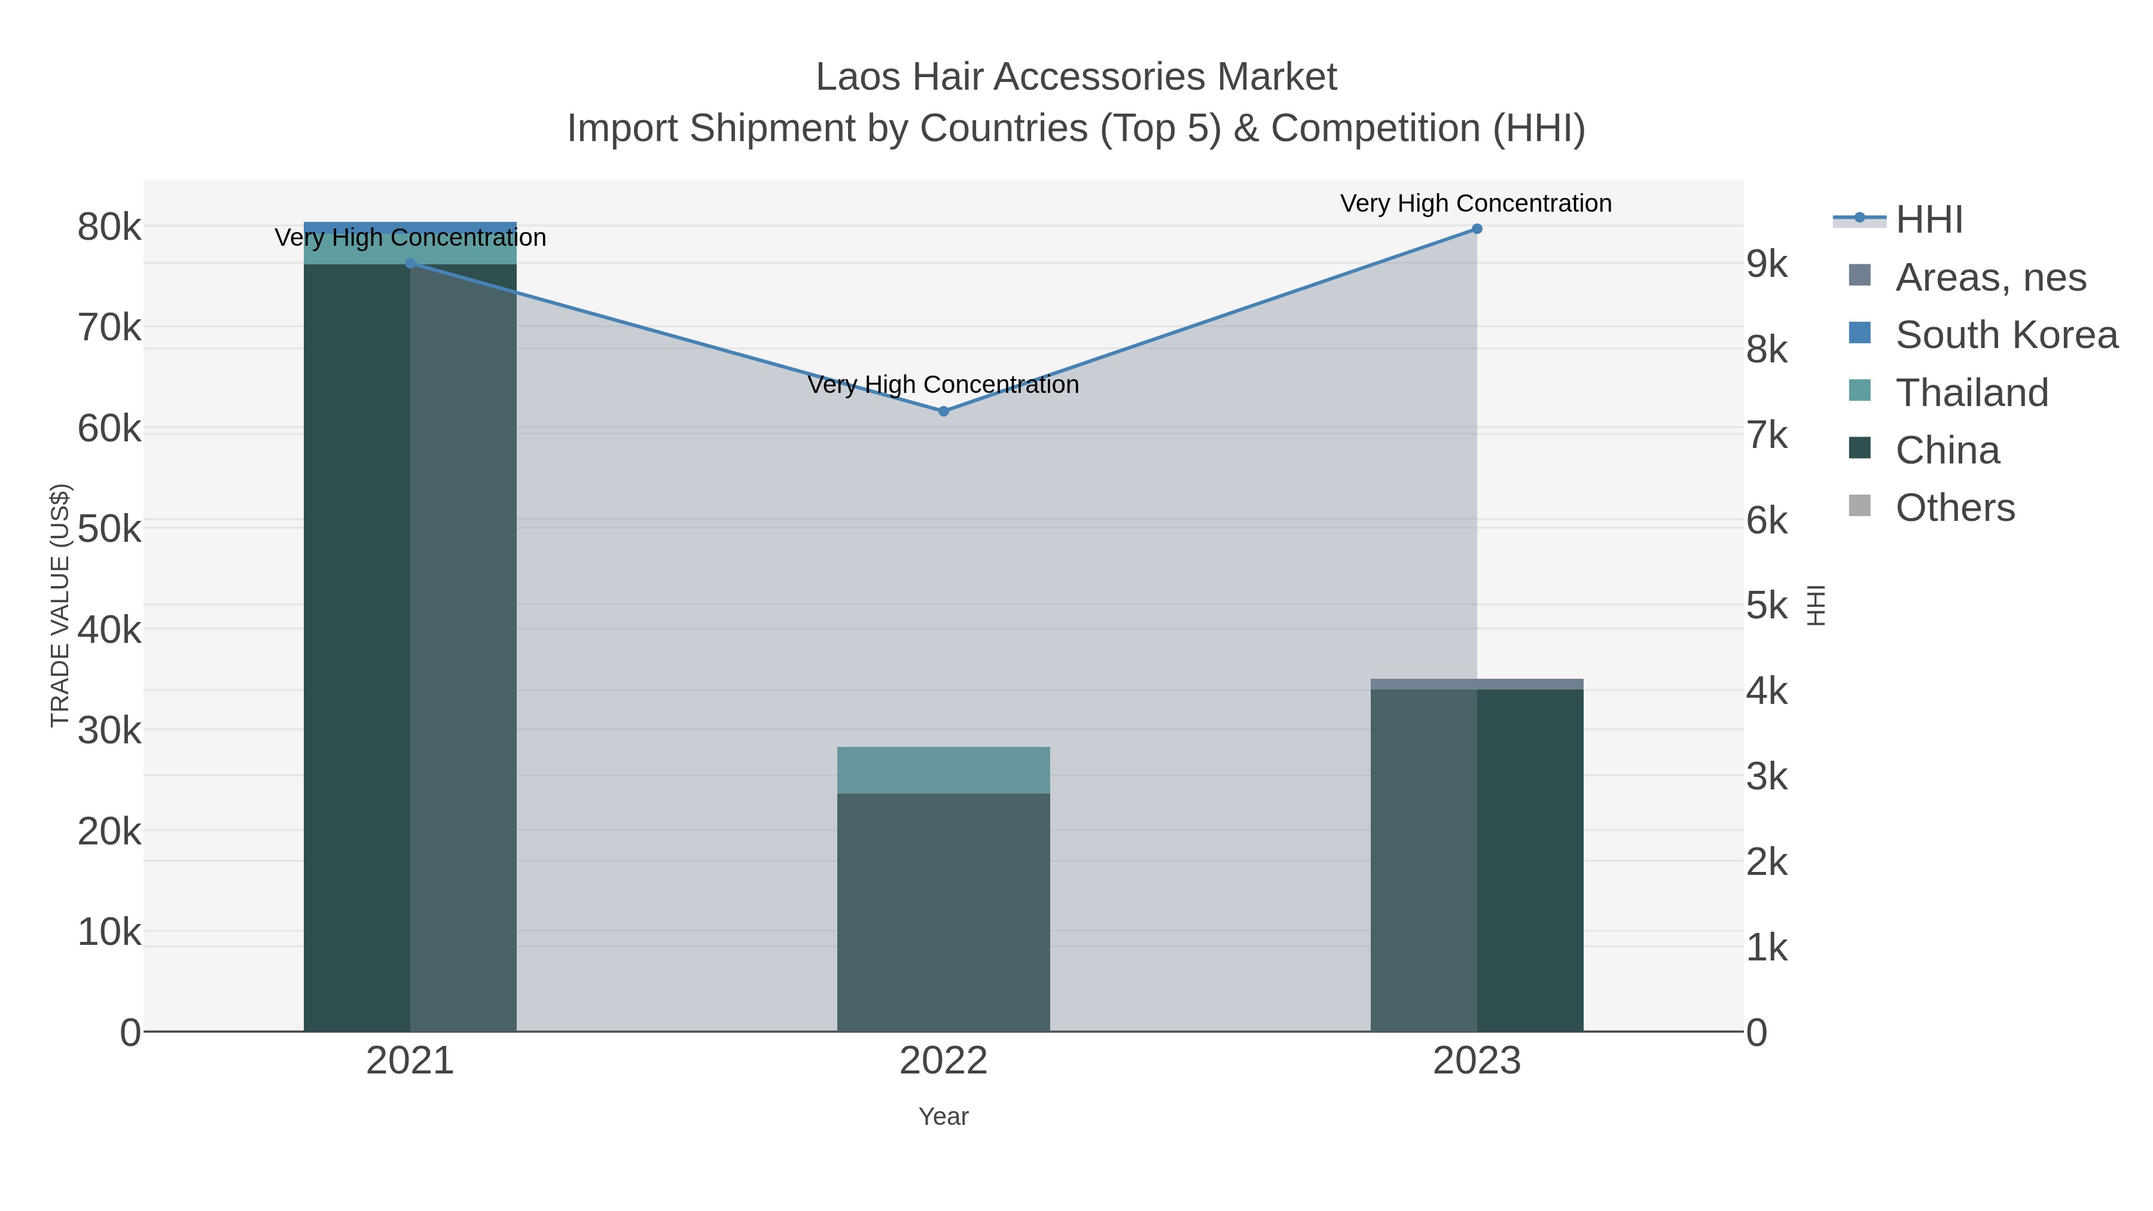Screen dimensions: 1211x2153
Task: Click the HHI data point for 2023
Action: tap(1476, 229)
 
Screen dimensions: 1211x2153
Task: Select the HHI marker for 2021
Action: tap(410, 263)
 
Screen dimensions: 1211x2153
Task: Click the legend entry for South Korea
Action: tap(2006, 334)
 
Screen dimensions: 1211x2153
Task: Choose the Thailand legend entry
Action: tap(1971, 393)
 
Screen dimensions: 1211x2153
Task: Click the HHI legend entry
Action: tap(1928, 220)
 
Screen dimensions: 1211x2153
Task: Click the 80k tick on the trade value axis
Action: tap(109, 227)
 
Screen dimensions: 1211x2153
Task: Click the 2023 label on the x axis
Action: tap(1476, 1060)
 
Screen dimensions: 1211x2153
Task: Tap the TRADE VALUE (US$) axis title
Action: tap(60, 605)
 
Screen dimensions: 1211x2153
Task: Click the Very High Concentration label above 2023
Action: tap(1475, 203)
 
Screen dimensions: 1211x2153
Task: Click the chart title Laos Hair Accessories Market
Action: tap(1076, 77)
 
